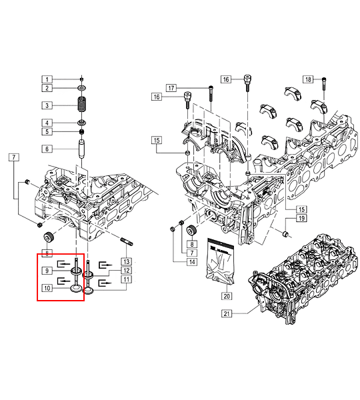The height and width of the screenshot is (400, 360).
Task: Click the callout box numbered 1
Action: tap(47, 79)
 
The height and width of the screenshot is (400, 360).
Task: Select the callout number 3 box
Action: tap(47, 105)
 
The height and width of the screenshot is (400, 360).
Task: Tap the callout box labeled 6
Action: tap(47, 149)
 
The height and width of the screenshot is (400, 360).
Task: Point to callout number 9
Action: tap(47, 271)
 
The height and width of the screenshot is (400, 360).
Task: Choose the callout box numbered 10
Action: tap(47, 288)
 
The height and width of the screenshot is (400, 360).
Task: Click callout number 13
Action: tap(127, 261)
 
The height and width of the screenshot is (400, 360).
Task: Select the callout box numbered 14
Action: tap(192, 262)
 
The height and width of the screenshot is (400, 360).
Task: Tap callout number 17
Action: tap(171, 88)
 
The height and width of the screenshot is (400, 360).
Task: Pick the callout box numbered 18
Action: tap(308, 79)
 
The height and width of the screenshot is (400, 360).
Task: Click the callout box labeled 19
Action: tap(301, 218)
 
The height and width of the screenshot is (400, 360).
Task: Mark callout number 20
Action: tap(227, 296)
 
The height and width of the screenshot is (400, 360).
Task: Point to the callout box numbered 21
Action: tap(227, 313)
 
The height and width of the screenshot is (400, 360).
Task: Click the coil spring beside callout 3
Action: tap(81, 104)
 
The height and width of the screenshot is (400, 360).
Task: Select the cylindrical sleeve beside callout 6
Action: tap(81, 149)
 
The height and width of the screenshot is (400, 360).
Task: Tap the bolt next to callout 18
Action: tap(324, 84)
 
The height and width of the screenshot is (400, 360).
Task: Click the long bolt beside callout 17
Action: tap(211, 95)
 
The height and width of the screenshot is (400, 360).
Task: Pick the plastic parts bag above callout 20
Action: tap(221, 261)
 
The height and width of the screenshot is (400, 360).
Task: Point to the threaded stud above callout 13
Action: tap(126, 242)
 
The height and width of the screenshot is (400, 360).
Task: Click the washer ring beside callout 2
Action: tap(81, 89)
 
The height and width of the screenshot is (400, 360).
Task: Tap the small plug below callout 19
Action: tap(285, 234)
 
